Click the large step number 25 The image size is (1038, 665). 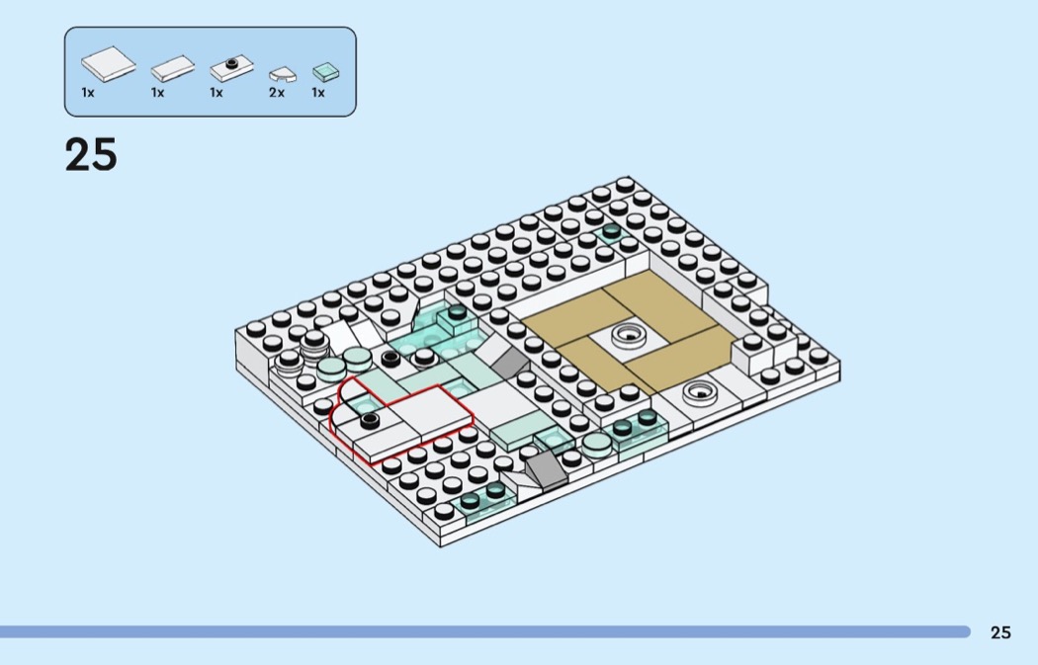[x=91, y=155]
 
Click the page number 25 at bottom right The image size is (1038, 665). [x=1000, y=632]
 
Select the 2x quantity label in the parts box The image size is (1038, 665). [x=277, y=93]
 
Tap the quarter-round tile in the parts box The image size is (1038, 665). [x=283, y=74]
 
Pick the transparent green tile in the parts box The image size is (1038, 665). [x=325, y=71]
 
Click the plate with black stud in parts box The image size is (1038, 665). [x=231, y=67]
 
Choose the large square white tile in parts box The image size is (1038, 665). [x=109, y=63]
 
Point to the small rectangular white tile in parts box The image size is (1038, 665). [x=173, y=68]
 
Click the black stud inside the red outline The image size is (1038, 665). [x=370, y=420]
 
